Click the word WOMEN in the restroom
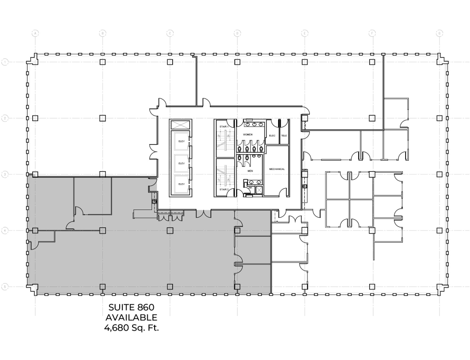tap(248, 134)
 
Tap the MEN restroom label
tap(250, 170)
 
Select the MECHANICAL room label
tap(277, 169)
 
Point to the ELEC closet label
tap(272, 135)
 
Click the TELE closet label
tap(284, 135)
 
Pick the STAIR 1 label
tap(224, 126)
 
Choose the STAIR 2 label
tap(224, 189)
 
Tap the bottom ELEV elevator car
tap(181, 184)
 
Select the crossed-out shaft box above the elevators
tap(179, 125)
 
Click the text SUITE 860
tap(131, 307)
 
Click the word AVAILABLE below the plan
tap(131, 318)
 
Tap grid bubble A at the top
tap(35, 34)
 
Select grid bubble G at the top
tap(440, 34)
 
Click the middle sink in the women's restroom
tap(255, 124)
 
